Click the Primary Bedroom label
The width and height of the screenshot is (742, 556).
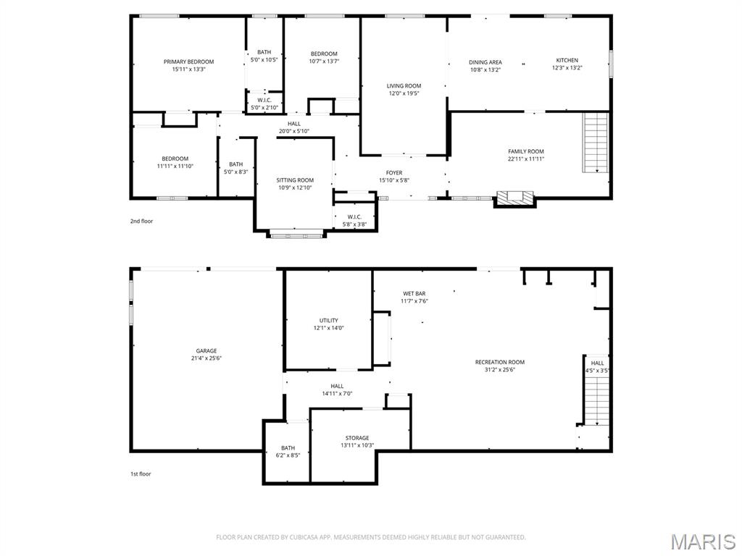pyautogui.click(x=188, y=62)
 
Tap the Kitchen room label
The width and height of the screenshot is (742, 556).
pyautogui.click(x=567, y=60)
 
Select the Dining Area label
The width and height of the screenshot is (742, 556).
pyautogui.click(x=485, y=62)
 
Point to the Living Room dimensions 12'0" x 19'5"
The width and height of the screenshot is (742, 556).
pyautogui.click(x=404, y=93)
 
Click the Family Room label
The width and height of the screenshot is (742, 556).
pyautogui.click(x=525, y=151)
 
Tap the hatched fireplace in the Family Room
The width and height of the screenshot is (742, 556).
pyautogui.click(x=514, y=198)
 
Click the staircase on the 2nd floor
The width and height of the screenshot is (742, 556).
pyautogui.click(x=596, y=143)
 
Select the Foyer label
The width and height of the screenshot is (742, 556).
pyautogui.click(x=393, y=172)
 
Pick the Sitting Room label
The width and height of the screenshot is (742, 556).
pyautogui.click(x=295, y=180)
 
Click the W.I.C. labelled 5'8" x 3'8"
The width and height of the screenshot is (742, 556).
pyautogui.click(x=354, y=220)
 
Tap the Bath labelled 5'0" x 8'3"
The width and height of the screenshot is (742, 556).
pyautogui.click(x=235, y=168)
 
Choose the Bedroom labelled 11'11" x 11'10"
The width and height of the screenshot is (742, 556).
pyautogui.click(x=175, y=162)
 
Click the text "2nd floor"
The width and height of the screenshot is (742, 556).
pyautogui.click(x=141, y=221)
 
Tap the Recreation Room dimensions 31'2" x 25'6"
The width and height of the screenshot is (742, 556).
pyautogui.click(x=500, y=369)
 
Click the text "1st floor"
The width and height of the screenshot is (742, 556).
pyautogui.click(x=141, y=473)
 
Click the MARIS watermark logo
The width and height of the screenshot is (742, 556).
pyautogui.click(x=702, y=541)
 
